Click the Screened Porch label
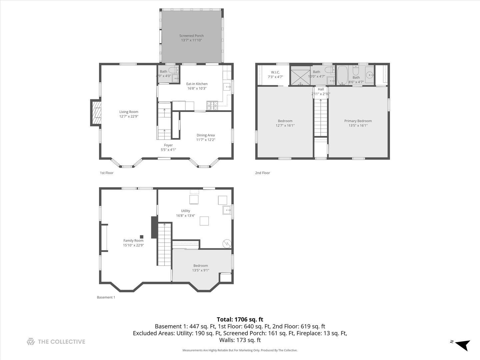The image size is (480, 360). [x=191, y=36]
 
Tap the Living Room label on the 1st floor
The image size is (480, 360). [x=129, y=112]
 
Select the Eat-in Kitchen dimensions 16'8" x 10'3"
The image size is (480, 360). [x=197, y=89]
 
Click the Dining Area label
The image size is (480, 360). [x=205, y=135]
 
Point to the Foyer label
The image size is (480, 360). [x=168, y=145]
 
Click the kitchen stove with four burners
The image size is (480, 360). [x=212, y=106]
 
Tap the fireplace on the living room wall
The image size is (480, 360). [x=96, y=113]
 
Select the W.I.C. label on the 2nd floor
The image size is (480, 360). [x=275, y=72]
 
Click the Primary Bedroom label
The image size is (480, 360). [x=358, y=121]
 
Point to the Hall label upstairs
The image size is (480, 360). [x=321, y=89]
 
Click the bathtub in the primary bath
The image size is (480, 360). [x=342, y=75]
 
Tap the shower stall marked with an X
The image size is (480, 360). [x=300, y=76]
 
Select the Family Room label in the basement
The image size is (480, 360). [x=133, y=241]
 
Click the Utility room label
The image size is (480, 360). [x=186, y=211]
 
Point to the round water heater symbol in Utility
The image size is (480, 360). [x=227, y=244]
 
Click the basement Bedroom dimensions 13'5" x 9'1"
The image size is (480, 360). [x=200, y=270]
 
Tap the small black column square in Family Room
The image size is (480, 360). [x=142, y=236]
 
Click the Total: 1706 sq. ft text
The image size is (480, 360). [x=240, y=319]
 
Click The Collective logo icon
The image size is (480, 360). [x=31, y=342]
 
